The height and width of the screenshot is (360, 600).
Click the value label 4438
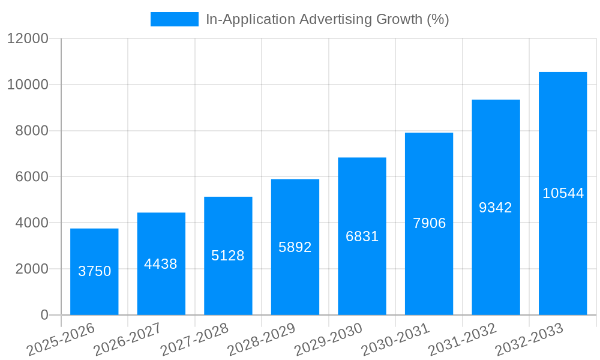pyautogui.click(x=161, y=264)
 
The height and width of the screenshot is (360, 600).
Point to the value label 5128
pyautogui.click(x=228, y=256)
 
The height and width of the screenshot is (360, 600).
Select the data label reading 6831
pyautogui.click(x=362, y=236)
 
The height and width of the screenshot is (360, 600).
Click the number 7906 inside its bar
pyautogui.click(x=429, y=223)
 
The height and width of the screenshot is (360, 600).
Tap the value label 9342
pyautogui.click(x=496, y=208)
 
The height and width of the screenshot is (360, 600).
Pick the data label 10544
pyautogui.click(x=563, y=193)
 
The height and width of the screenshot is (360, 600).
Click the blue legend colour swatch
pyautogui.click(x=174, y=19)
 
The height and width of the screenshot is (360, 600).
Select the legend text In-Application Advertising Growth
pyautogui.click(x=327, y=19)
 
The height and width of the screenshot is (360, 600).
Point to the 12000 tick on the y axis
pyautogui.click(x=28, y=38)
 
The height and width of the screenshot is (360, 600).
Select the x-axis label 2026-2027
pyautogui.click(x=127, y=339)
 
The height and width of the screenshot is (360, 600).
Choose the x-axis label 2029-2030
pyautogui.click(x=329, y=339)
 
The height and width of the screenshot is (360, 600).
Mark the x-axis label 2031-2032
pyautogui.click(x=463, y=339)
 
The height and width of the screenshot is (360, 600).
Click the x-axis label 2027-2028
pyautogui.click(x=194, y=339)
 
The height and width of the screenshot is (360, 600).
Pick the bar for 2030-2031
pyautogui.click(x=429, y=180)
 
